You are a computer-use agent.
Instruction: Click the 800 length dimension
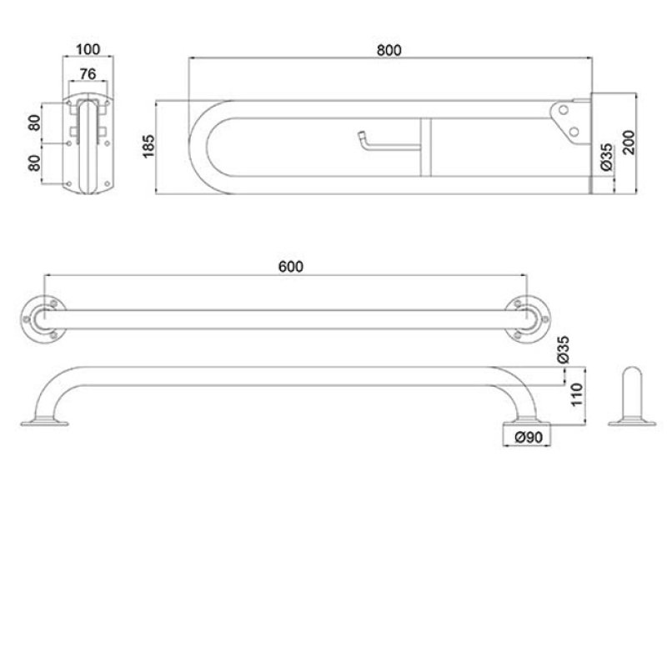click(389, 49)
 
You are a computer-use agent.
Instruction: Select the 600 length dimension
click(289, 266)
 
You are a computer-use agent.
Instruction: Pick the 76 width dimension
click(89, 74)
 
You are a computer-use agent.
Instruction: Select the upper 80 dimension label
click(34, 123)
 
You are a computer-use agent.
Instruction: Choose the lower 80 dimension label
click(34, 163)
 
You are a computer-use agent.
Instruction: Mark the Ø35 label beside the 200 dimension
click(606, 158)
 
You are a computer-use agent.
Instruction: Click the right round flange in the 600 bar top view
click(526, 318)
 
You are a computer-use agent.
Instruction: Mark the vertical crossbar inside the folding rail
click(424, 147)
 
